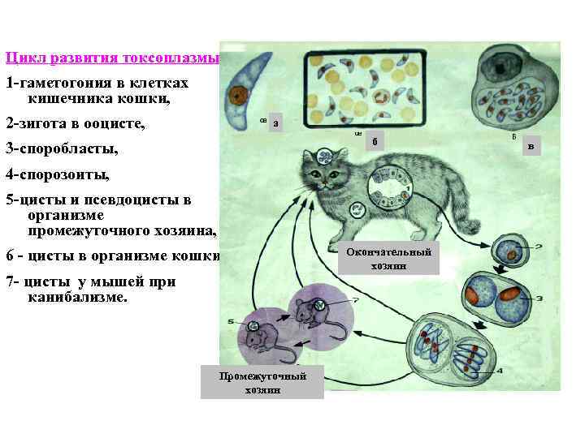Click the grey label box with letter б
pos(375,141)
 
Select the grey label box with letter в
pos(531,147)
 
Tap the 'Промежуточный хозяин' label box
pos(262,382)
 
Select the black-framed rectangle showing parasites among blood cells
pos(365,87)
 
